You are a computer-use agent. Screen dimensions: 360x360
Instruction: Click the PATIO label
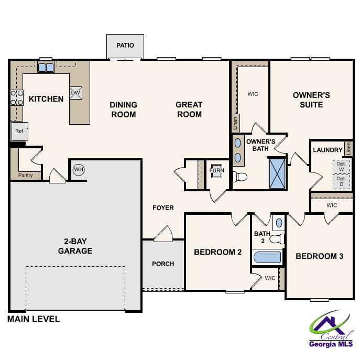pos(125,46)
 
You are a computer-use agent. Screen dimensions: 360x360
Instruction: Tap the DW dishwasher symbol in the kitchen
pos(75,93)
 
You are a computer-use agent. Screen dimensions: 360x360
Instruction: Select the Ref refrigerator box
pos(19,131)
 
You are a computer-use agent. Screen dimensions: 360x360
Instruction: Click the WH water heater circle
pos(79,169)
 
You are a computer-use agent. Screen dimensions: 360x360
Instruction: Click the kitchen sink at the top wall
pos(46,67)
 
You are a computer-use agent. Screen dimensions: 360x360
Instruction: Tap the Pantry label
pos(25,175)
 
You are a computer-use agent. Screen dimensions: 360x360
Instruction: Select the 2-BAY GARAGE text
pos(75,246)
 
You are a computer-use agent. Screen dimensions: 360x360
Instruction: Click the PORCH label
pos(163,264)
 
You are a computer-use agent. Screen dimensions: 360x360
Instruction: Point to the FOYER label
pos(163,208)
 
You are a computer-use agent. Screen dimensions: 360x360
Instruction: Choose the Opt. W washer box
pos(341,167)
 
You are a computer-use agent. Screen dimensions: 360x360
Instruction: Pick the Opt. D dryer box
pos(341,181)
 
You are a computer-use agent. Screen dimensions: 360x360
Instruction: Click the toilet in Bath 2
pos(276,239)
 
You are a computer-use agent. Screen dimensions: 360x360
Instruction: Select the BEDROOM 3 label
pos(319,256)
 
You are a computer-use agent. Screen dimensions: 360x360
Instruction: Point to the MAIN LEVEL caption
pos(34,319)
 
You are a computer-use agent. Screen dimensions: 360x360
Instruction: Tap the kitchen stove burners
pos(17,97)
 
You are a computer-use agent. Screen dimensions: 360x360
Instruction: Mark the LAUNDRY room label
pos(328,150)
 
